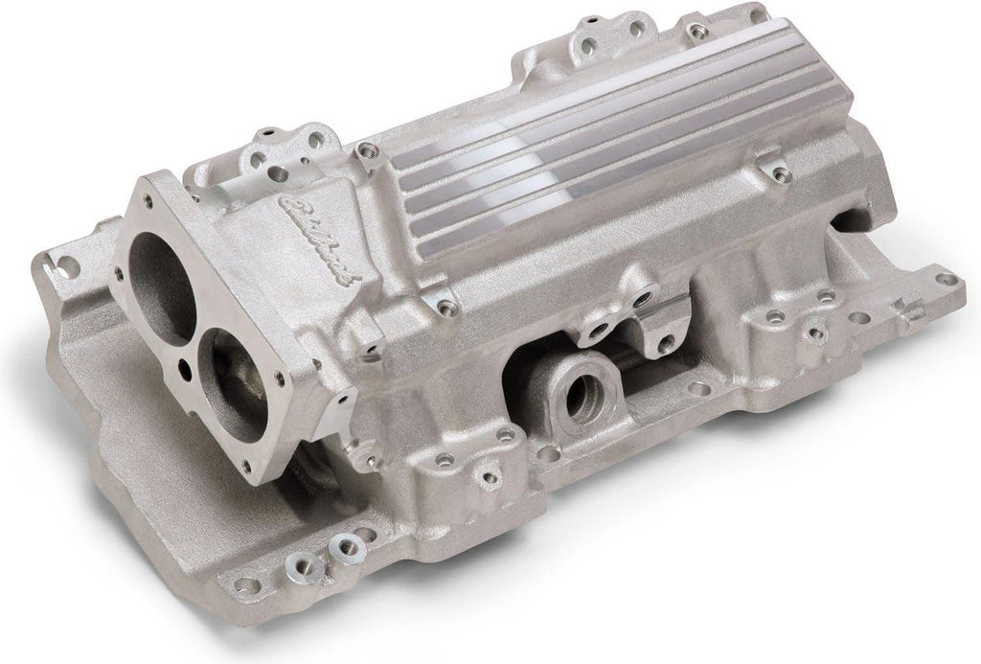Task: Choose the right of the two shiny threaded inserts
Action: (346, 546)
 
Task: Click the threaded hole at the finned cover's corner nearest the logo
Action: (366, 151)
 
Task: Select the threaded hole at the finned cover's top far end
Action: (697, 31)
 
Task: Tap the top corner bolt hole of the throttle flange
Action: (147, 200)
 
